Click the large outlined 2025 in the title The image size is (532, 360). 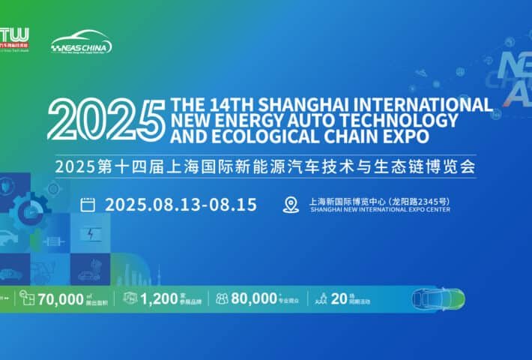(x=105, y=119)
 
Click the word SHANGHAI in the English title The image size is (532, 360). (x=315, y=103)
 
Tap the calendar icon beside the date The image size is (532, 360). (x=88, y=204)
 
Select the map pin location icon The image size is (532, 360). (x=291, y=205)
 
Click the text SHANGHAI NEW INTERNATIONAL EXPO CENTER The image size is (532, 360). (x=369, y=211)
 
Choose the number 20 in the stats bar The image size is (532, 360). (x=337, y=298)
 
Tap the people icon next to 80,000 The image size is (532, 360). (x=223, y=298)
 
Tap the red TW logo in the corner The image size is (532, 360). (x=15, y=37)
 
